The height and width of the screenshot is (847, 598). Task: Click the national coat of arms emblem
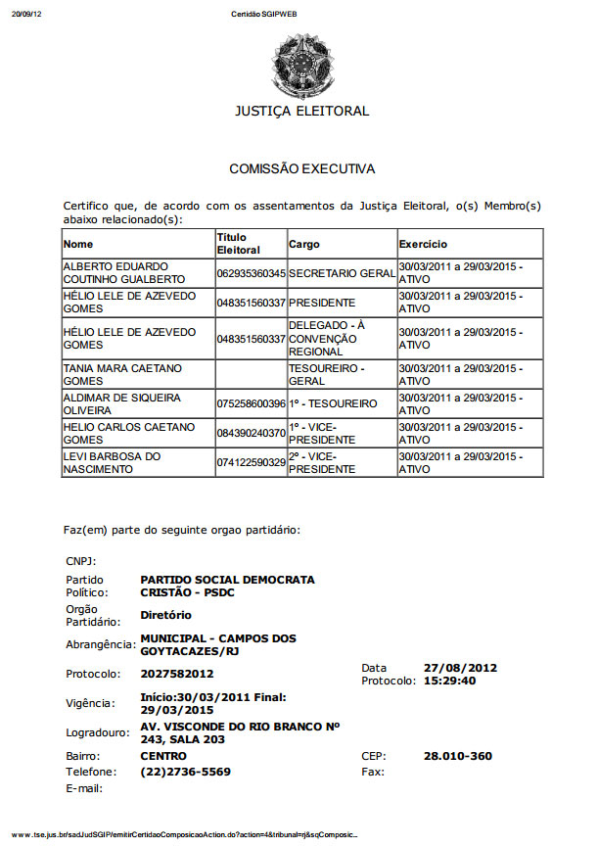pyautogui.click(x=301, y=62)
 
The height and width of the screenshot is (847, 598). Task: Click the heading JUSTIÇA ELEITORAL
pyautogui.click(x=301, y=111)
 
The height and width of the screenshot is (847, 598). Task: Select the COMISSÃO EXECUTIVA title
pyautogui.click(x=301, y=168)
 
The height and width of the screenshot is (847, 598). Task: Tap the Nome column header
pyautogui.click(x=78, y=244)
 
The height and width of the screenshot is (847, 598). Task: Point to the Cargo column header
pyautogui.click(x=304, y=244)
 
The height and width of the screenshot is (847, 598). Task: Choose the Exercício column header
pyautogui.click(x=423, y=244)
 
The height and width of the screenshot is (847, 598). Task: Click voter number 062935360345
pyautogui.click(x=251, y=273)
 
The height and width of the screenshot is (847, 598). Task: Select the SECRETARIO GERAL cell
pyautogui.click(x=342, y=273)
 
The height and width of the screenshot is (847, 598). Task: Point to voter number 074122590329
pyautogui.click(x=251, y=462)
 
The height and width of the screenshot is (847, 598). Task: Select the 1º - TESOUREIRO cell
pyautogui.click(x=333, y=403)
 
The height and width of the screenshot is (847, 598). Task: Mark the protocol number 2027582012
pyautogui.click(x=177, y=674)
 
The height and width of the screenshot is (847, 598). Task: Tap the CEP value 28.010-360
pyautogui.click(x=457, y=756)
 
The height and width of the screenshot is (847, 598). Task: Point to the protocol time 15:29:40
pyautogui.click(x=449, y=681)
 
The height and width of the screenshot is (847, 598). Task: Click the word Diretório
pyautogui.click(x=166, y=615)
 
